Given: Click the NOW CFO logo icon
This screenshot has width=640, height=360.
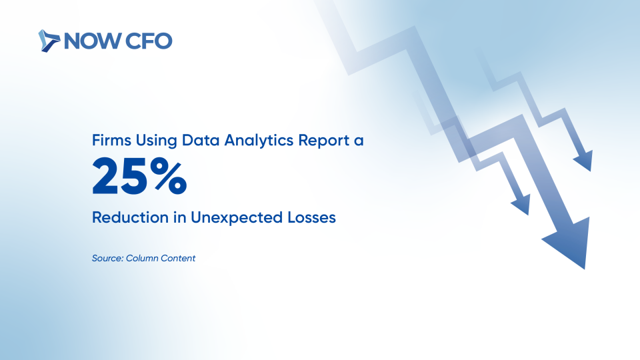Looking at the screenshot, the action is [x=49, y=41].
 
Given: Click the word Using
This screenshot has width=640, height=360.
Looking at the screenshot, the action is [x=156, y=141].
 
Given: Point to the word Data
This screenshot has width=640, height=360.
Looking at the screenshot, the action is [x=201, y=140].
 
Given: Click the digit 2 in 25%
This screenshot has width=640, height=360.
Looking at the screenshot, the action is [x=106, y=176].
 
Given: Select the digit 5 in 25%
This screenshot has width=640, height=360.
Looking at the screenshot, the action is [x=134, y=176].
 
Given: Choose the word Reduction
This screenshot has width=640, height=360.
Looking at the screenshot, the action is [x=130, y=217].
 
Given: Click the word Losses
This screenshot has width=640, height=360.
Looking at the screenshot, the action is [x=311, y=217].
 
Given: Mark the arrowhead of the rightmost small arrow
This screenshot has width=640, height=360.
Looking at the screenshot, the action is [x=585, y=161].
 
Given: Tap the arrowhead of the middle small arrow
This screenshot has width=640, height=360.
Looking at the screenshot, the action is [x=522, y=205].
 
